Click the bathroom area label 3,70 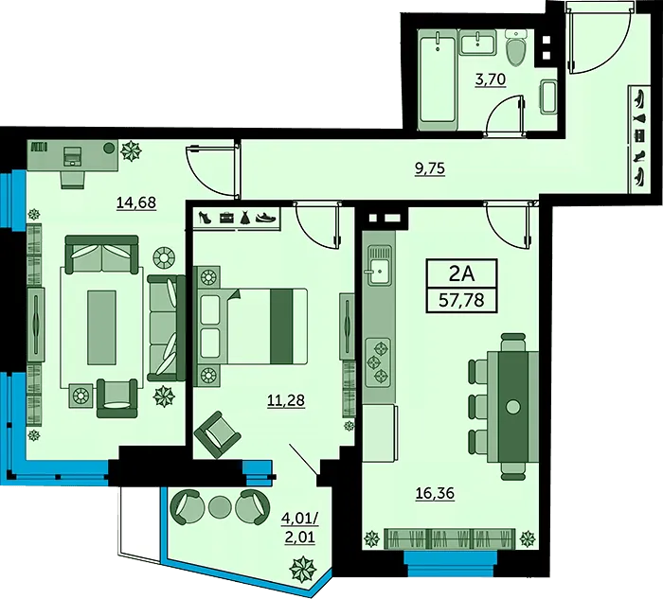[491, 79]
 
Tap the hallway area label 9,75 [430, 168]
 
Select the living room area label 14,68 [136, 203]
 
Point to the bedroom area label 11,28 [286, 400]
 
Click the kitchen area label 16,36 [435, 493]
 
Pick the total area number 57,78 [461, 300]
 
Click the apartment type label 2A [461, 273]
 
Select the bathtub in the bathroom [438, 79]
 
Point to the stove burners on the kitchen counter [379, 362]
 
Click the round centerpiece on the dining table [513, 407]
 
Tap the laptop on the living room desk [72, 156]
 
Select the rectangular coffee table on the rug [101, 327]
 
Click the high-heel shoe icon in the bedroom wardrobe [205, 217]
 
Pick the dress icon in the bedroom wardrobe [245, 218]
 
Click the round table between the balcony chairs [219, 505]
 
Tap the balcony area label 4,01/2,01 [300, 527]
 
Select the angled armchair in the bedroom [217, 434]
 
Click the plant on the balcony [303, 568]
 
